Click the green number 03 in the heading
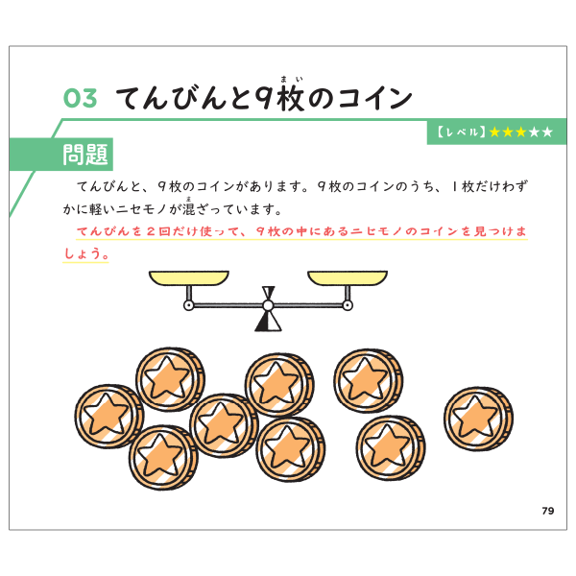80,98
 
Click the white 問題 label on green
85,154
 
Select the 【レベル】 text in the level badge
460,132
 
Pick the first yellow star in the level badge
495,132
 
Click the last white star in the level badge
546,132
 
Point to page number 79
547,510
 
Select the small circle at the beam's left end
188,306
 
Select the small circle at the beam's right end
346,306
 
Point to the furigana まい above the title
288,81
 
